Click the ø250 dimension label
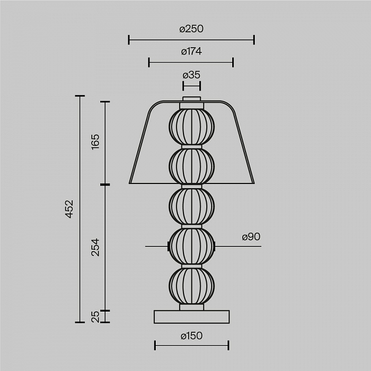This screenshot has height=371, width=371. [191, 29]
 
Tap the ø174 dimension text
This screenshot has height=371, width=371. [191, 51]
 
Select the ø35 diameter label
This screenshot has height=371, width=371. [191, 75]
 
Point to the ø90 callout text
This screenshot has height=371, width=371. [251, 236]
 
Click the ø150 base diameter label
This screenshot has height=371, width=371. [191, 335]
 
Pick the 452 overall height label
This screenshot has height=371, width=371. [69, 209]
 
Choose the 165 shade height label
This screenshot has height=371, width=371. [95, 142]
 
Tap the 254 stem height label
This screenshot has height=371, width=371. [95, 248]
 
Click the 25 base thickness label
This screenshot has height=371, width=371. [95, 316]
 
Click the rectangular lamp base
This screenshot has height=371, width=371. [192, 317]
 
